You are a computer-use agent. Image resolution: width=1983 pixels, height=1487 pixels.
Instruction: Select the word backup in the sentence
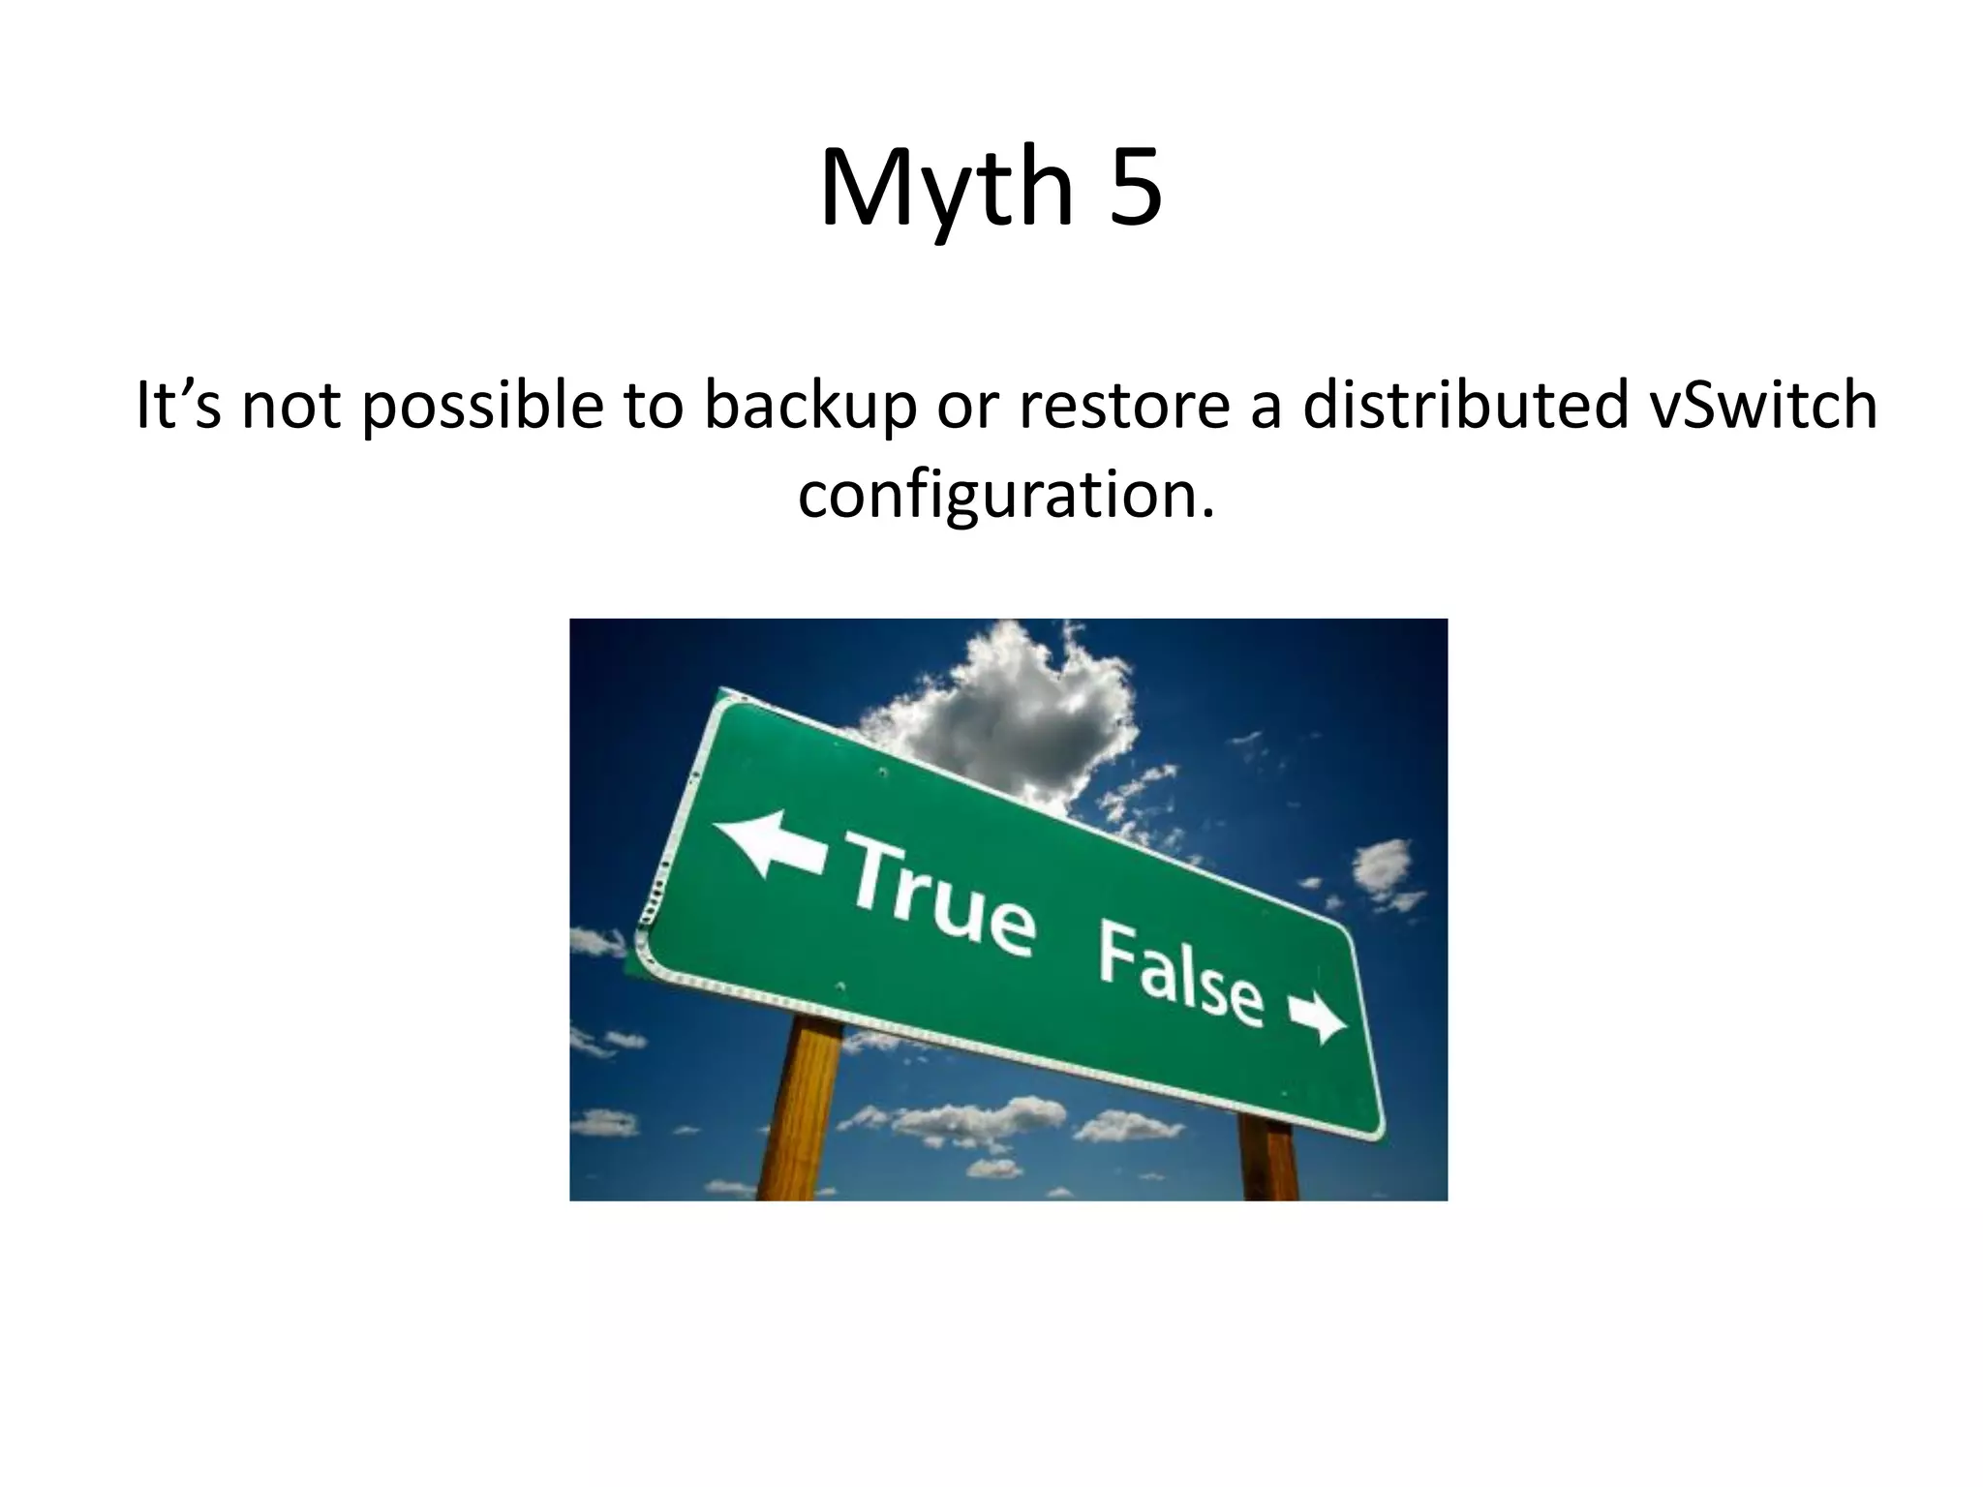809,406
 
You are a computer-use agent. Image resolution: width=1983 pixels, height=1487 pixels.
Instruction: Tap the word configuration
1005,495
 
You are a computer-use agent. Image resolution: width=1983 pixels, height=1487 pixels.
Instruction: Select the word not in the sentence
290,408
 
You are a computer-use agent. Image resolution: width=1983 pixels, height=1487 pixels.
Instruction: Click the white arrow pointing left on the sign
769,842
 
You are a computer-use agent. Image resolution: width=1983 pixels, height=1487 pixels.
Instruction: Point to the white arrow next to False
1317,1017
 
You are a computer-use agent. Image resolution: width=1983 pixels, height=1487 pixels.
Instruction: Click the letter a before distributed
1265,408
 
